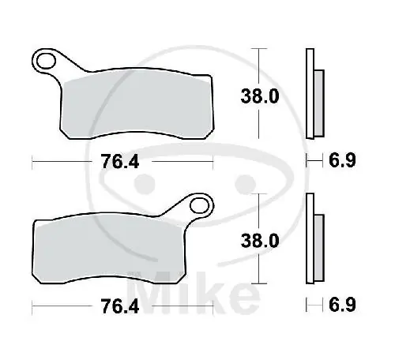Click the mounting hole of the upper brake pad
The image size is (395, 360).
pyautogui.click(x=46, y=62)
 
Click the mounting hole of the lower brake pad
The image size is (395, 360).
pyautogui.click(x=199, y=206)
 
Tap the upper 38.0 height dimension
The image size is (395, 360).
pyautogui.click(x=260, y=96)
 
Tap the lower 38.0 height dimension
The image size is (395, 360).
pyautogui.click(x=260, y=241)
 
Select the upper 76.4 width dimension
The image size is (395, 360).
pyautogui.click(x=120, y=161)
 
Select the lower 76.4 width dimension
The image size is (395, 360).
pyautogui.click(x=120, y=306)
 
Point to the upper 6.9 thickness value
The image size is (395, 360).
pyautogui.click(x=342, y=160)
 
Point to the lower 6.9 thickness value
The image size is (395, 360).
pyautogui.click(x=342, y=305)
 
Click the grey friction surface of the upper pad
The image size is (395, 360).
pyautogui.click(x=137, y=105)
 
